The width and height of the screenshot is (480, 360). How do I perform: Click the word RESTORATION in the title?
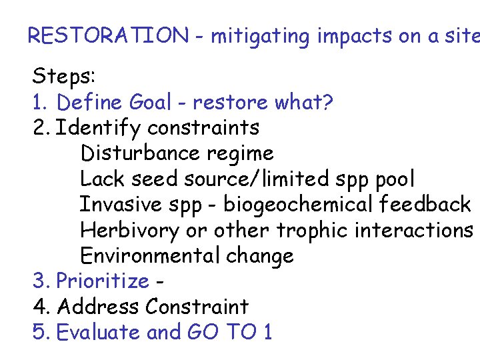coord(108,36)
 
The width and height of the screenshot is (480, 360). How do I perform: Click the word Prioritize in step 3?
coord(103,281)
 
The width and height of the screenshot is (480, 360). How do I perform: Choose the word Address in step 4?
coord(99,307)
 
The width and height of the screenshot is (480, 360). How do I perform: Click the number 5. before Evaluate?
coord(41,332)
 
